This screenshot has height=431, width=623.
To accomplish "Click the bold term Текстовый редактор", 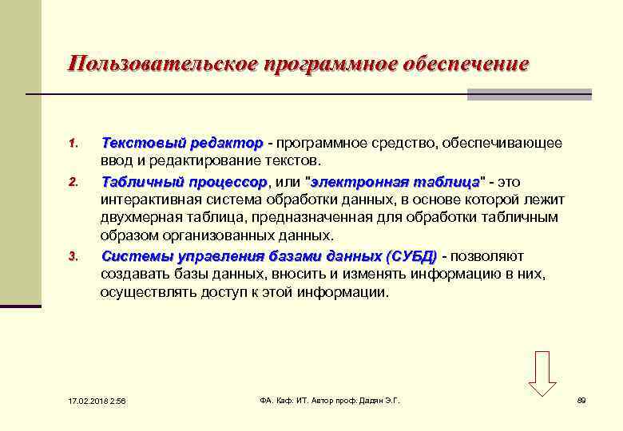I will click(x=181, y=144).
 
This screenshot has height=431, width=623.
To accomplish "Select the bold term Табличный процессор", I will click(x=185, y=181).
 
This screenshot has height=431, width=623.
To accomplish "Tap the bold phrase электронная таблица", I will click(x=395, y=181).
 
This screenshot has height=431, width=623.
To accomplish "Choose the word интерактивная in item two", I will click(x=145, y=200).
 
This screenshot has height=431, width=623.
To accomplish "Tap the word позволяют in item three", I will click(x=488, y=256).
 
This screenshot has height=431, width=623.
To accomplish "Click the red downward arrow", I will click(x=542, y=373).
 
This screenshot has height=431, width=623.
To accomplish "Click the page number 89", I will click(x=581, y=401).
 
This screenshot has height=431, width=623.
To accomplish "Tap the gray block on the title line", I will click(x=529, y=94).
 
